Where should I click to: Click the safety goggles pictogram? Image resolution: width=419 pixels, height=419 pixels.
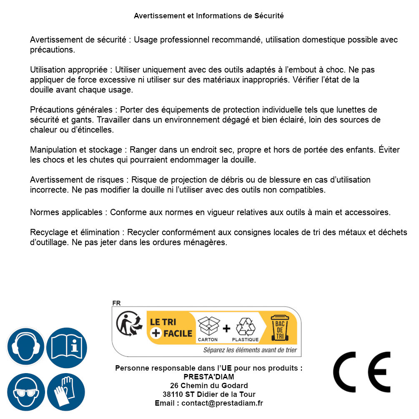tap(25, 392)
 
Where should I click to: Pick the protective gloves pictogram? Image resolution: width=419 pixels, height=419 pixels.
tap(66, 392)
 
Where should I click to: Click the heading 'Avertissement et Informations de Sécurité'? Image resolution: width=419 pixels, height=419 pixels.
tap(208, 16)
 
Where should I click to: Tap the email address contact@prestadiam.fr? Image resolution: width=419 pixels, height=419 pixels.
tap(222, 403)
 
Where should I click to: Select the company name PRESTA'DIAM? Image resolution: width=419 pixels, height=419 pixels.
tap(208, 377)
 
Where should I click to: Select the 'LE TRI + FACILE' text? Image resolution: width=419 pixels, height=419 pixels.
tap(171, 327)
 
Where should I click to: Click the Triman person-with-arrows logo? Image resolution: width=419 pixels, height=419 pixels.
tap(127, 324)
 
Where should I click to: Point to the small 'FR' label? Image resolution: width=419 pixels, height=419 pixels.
tap(116, 303)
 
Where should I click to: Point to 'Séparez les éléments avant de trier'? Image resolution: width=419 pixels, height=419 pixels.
tap(250, 350)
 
